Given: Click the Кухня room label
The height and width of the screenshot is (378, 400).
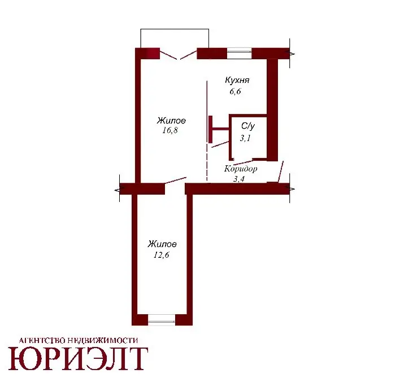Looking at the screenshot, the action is click(237, 80).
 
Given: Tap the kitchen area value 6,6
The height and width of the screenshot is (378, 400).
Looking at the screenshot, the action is click(235, 91).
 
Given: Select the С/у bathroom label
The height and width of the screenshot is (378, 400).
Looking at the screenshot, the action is click(248, 126).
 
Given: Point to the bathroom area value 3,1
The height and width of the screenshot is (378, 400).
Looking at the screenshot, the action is click(245, 138).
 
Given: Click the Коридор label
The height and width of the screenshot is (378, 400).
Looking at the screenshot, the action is click(241, 169).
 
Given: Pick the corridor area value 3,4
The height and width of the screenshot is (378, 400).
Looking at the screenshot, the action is click(239, 179).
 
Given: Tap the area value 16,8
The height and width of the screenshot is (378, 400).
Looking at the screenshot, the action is click(170, 130).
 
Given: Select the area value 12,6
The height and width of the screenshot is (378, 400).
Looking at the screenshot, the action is click(161, 254).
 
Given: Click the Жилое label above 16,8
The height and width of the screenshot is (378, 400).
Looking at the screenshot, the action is click(171, 120).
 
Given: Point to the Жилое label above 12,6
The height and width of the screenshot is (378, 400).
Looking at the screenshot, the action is click(162, 244).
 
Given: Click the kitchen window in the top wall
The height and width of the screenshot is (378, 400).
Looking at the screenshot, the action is click(240, 53).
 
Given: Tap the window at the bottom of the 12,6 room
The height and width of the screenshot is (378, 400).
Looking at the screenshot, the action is click(162, 320).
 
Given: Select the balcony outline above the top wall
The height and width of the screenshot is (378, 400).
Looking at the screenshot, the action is click(175, 29).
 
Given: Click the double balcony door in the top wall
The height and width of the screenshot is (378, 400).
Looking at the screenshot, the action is click(179, 55).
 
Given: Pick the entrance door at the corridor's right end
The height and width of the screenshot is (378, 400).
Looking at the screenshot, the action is click(281, 172).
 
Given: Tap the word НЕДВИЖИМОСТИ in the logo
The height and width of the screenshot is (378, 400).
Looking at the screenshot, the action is click(103, 340).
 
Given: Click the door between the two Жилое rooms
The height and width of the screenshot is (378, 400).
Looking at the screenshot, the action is click(176, 181).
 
